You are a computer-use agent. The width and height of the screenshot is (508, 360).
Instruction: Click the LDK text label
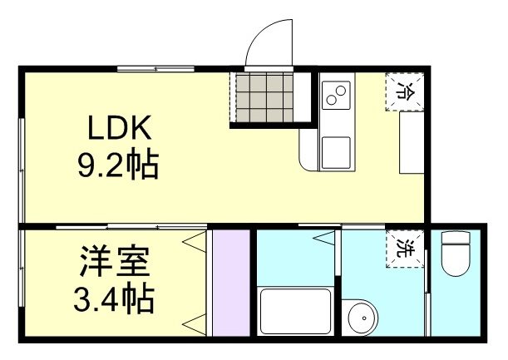(120, 129)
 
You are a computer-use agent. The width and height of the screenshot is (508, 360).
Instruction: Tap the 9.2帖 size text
(118, 166)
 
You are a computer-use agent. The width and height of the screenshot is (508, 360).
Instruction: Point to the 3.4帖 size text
(115, 298)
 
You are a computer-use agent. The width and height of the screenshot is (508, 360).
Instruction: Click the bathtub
(297, 312)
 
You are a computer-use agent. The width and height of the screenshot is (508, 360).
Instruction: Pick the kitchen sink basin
(336, 151)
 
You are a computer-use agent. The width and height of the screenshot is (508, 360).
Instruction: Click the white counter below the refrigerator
(412, 142)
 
